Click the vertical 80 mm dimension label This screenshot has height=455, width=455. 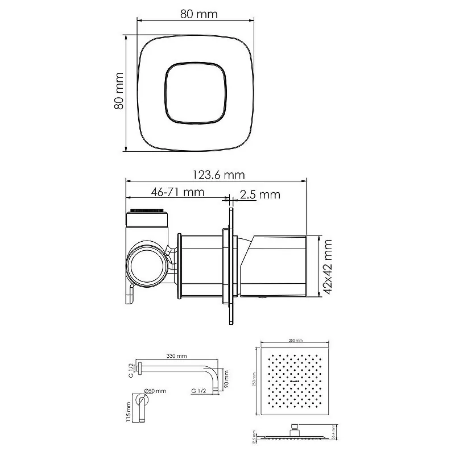click(119, 92)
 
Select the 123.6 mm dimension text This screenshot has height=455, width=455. click(217, 175)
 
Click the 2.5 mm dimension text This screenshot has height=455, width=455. click(260, 195)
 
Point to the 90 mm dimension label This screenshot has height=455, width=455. click(226, 378)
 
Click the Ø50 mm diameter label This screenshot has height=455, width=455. click(156, 391)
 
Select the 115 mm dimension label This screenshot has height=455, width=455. click(130, 411)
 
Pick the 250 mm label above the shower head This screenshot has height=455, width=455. click(295, 341)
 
